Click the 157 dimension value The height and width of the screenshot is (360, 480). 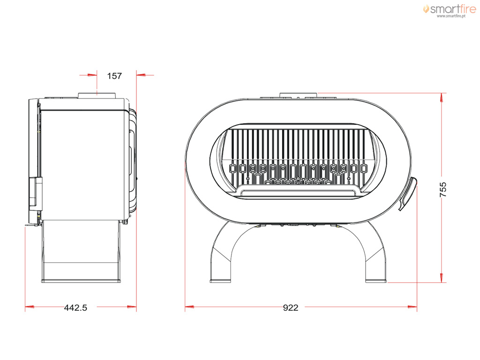114,75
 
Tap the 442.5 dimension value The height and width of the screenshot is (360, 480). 75,307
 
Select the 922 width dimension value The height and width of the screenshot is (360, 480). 291,307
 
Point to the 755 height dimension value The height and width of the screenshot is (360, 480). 443,189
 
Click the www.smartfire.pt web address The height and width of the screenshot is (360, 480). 451,16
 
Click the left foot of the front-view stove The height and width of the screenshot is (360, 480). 220,281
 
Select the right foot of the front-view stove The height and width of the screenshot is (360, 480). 376,281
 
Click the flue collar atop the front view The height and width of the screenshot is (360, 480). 299,95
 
